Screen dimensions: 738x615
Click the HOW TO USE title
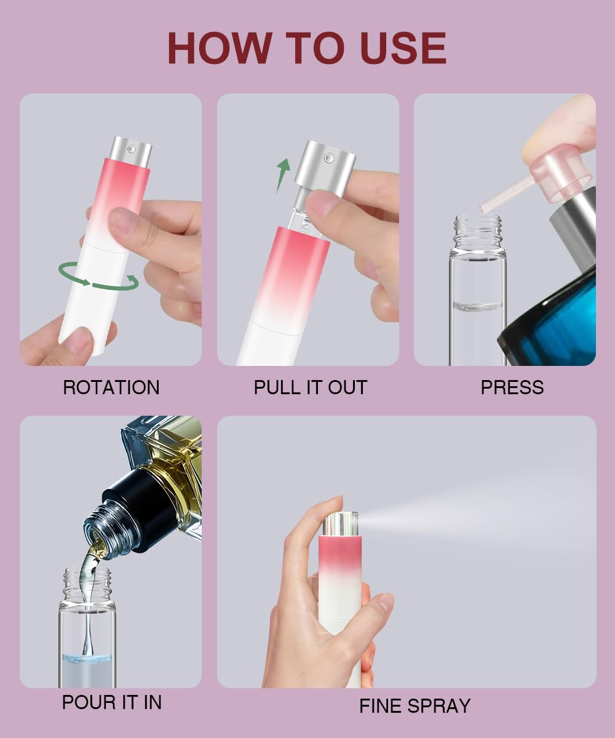pos(307,48)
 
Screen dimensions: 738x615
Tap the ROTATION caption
pos(111,387)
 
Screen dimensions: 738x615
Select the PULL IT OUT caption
pos(310,387)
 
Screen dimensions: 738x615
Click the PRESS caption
pos(512,387)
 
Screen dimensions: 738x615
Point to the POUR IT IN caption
pos(111,702)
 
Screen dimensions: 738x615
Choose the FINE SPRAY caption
pos(415,705)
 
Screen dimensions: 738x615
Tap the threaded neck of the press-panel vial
pos(478,231)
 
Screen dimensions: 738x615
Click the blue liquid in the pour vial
pos(87,659)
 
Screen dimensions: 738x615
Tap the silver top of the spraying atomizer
pos(341,523)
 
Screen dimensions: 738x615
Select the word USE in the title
pos(403,48)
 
